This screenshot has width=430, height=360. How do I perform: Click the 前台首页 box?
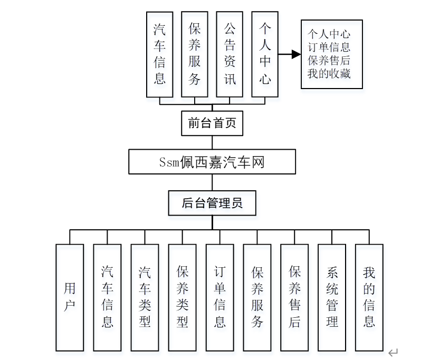[x=212, y=123]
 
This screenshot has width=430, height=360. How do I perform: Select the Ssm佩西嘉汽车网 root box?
[x=212, y=162]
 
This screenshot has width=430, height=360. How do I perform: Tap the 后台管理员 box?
[x=212, y=203]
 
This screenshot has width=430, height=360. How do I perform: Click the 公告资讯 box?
[x=230, y=54]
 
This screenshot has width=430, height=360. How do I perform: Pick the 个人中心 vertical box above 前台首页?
[x=265, y=54]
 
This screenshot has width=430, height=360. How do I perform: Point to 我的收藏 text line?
[x=329, y=73]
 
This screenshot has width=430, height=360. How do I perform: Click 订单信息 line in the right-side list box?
[x=329, y=47]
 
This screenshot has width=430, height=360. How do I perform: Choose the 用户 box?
[x=70, y=297]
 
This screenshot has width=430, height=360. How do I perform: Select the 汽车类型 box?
[x=145, y=297]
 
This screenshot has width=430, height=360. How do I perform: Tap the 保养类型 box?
[x=182, y=297]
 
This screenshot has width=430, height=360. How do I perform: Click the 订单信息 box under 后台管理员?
[x=219, y=297]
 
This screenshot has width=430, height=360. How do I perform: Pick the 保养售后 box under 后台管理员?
[x=294, y=297]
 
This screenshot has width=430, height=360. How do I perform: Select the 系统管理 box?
[x=332, y=297]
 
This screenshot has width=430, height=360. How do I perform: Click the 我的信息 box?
[x=369, y=297]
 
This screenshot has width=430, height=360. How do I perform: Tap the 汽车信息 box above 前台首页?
[x=159, y=54]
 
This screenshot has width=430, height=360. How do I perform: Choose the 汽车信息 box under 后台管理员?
[x=107, y=297]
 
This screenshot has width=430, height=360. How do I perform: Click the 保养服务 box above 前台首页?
[x=194, y=54]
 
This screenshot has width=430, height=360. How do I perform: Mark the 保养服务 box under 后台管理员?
[x=257, y=297]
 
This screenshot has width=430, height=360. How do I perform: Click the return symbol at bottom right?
[x=393, y=352]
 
